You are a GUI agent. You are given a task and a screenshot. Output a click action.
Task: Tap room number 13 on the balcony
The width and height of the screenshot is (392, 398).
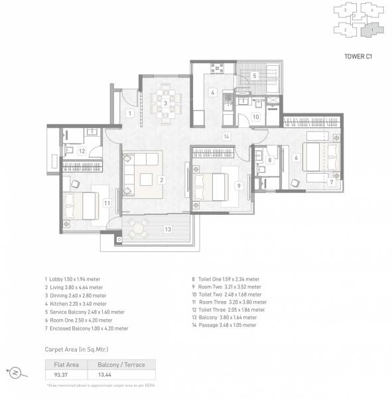168,229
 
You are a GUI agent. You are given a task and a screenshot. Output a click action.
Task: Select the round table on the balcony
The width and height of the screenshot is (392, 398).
137,229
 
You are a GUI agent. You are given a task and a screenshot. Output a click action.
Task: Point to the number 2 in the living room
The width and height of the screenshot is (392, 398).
161,180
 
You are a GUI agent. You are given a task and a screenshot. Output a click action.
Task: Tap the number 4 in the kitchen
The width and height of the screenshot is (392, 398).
212,92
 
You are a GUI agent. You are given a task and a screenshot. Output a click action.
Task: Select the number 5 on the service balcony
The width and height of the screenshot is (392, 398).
254,76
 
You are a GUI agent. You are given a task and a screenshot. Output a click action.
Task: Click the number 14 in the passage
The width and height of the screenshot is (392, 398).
226,137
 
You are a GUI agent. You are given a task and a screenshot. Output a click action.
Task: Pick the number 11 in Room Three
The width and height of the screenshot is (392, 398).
105,202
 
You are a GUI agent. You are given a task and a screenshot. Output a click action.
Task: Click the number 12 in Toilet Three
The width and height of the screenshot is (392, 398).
81,151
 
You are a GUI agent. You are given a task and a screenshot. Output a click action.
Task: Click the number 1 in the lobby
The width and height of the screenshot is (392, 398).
130,113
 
